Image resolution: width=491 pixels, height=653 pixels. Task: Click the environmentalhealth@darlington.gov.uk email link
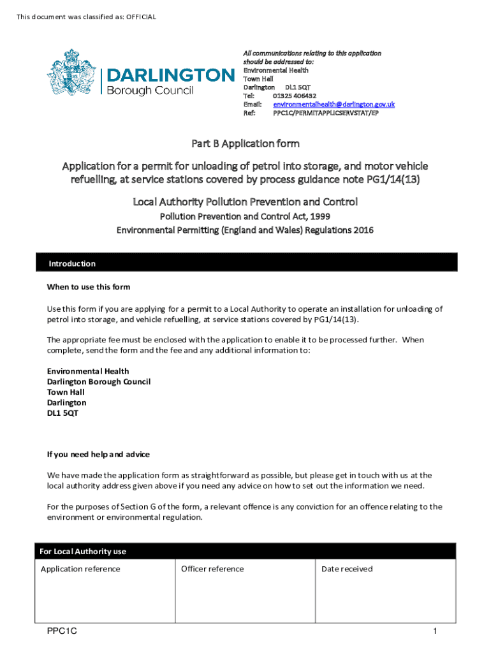334,104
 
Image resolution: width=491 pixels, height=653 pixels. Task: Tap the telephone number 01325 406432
294,96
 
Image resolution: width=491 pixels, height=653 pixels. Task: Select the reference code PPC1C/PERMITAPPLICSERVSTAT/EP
326,113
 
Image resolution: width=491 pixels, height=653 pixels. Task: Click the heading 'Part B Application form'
246,143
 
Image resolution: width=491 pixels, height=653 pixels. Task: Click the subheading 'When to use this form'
89,286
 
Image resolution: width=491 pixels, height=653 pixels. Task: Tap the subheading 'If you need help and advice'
98,455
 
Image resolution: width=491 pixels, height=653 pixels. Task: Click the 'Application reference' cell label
80,569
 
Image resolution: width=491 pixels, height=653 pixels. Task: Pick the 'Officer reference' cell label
212,569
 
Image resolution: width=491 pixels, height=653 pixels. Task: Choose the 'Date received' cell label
347,569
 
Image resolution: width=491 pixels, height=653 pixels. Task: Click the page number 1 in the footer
434,631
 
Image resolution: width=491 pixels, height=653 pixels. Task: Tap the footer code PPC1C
62,631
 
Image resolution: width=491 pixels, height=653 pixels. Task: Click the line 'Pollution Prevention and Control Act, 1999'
245,217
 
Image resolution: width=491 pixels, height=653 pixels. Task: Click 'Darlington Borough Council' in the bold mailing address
99,381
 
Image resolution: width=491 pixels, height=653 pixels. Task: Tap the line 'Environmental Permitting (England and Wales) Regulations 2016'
245,230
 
